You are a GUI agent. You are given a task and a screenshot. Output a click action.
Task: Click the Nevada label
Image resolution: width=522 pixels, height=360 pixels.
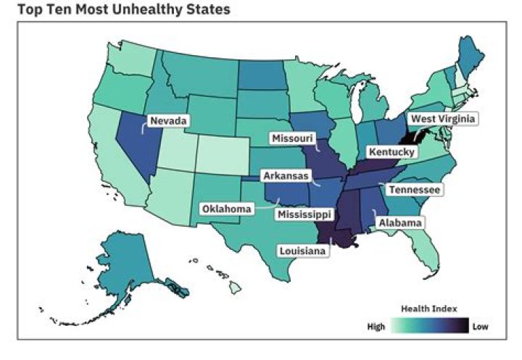click(x=169, y=120)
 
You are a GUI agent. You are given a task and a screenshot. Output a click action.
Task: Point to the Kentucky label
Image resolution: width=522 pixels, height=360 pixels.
click(x=391, y=152)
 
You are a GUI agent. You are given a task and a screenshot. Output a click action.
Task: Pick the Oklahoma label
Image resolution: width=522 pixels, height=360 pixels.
click(x=227, y=209)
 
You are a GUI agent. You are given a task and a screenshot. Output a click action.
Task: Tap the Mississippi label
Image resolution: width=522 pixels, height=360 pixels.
click(x=304, y=214)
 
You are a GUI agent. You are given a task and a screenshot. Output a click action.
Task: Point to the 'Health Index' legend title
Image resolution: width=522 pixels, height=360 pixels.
click(x=429, y=309)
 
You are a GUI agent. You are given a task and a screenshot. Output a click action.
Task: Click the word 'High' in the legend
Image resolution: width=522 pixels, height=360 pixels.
click(x=376, y=327)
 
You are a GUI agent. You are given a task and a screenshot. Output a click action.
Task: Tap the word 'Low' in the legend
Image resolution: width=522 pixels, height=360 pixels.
click(x=481, y=327)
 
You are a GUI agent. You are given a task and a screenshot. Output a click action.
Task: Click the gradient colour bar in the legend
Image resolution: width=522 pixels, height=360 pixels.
click(x=429, y=327)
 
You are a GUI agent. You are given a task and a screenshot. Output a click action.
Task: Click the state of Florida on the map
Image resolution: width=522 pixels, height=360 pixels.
click(x=428, y=254)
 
